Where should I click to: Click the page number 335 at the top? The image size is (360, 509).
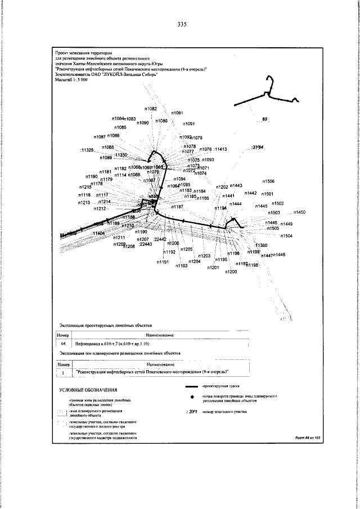181,25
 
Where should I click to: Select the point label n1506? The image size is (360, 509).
268,181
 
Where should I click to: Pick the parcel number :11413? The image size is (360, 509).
220,149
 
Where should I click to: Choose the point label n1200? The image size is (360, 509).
231,272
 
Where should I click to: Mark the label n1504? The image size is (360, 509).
286,236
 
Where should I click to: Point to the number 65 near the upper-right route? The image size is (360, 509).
265,120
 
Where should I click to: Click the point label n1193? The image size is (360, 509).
181,265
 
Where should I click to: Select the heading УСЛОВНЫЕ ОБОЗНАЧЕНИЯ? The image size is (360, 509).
88,390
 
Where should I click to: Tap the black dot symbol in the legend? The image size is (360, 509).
193,398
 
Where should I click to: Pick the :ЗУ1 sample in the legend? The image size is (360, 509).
193,412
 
